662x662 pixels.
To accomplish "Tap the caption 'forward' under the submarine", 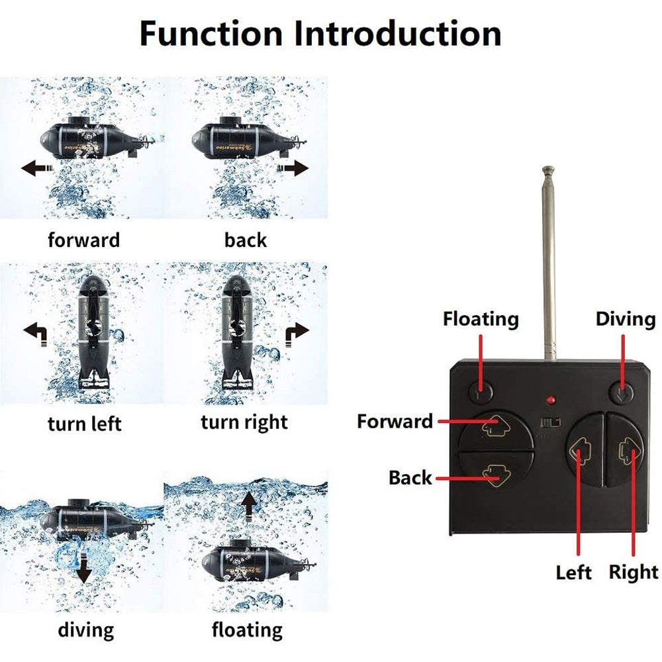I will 84,240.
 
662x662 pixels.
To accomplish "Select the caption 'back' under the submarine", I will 246,240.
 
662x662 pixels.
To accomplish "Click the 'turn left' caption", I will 85,423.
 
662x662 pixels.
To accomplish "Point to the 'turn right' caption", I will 244,422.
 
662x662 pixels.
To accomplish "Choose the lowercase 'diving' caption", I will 85,629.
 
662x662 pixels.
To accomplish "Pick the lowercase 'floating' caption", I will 247,629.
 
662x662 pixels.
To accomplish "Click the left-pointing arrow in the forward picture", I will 36,168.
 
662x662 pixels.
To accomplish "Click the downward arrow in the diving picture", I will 83,569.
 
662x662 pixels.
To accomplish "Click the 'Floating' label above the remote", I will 481,319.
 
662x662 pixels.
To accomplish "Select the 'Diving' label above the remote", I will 625,319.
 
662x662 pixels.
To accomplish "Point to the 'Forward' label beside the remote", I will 395,421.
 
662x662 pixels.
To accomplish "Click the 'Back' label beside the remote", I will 410,477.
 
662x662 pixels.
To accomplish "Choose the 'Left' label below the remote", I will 573,572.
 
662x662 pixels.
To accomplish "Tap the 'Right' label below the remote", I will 634,572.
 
